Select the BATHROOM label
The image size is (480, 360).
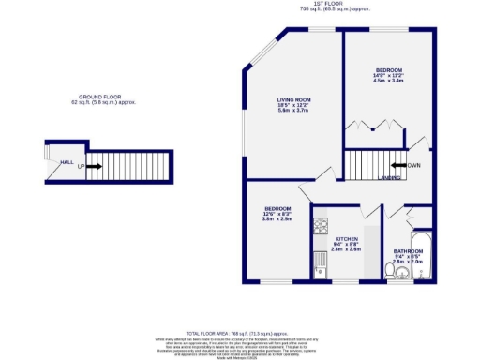click(x=408, y=251)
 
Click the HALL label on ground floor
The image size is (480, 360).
click(x=67, y=162)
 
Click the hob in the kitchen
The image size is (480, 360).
click(x=321, y=226)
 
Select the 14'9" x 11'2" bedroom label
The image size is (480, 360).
click(x=389, y=75)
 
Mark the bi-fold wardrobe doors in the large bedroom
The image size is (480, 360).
click(x=375, y=125)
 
